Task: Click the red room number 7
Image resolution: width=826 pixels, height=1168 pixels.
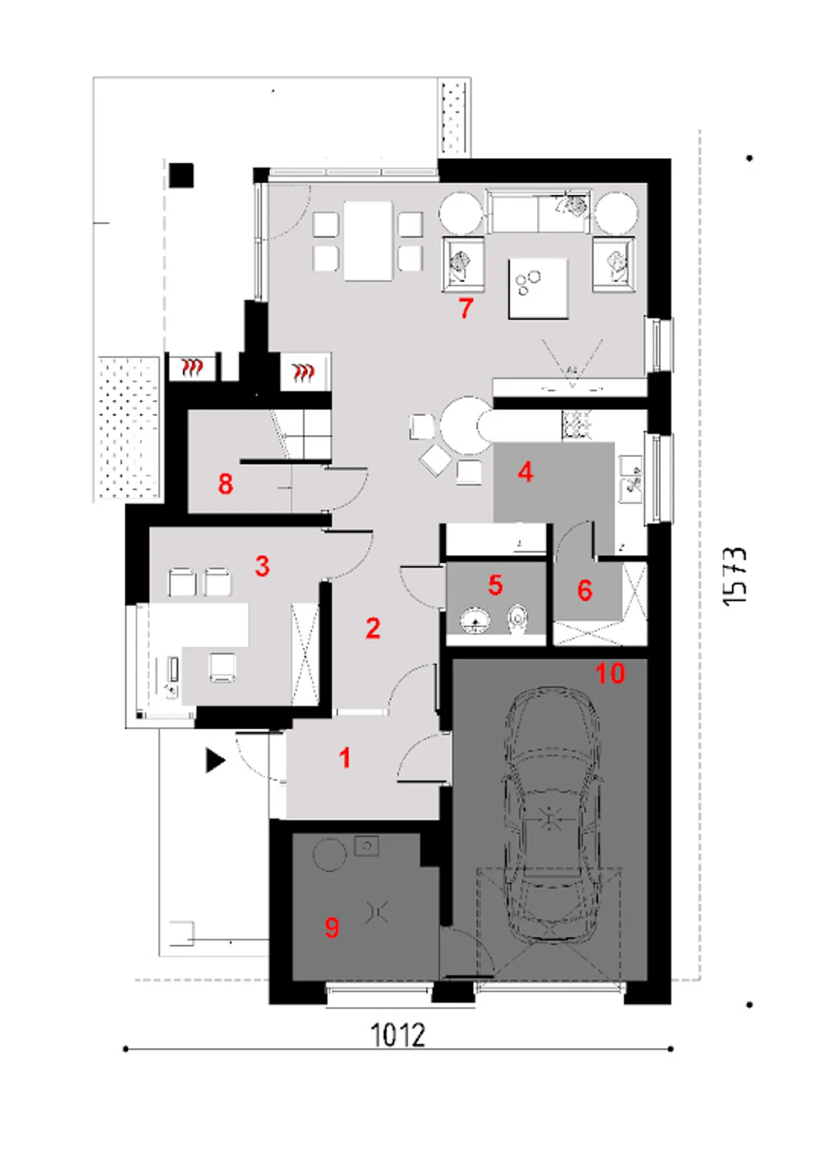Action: (466, 308)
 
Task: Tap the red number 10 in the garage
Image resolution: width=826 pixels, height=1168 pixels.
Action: (610, 673)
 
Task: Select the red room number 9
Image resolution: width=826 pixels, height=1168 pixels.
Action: (332, 927)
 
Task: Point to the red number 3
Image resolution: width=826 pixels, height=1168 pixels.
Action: (262, 566)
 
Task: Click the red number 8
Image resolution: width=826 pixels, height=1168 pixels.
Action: (225, 483)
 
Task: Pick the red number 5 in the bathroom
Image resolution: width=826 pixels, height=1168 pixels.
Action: (495, 585)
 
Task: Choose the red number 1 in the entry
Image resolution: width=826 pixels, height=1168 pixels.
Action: (345, 758)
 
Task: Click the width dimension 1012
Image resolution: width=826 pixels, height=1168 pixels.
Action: (398, 1034)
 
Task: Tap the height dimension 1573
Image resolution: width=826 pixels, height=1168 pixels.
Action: (735, 576)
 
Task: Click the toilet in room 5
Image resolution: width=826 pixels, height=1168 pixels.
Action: (518, 619)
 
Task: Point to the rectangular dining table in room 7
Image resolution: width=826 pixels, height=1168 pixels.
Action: (368, 240)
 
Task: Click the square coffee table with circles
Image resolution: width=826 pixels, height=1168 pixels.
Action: (538, 288)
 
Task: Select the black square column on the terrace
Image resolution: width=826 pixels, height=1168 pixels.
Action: (181, 175)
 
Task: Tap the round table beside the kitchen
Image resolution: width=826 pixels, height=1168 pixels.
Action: (465, 425)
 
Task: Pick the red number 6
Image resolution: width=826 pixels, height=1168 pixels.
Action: (585, 590)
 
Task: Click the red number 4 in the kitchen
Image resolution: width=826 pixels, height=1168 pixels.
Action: (525, 472)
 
